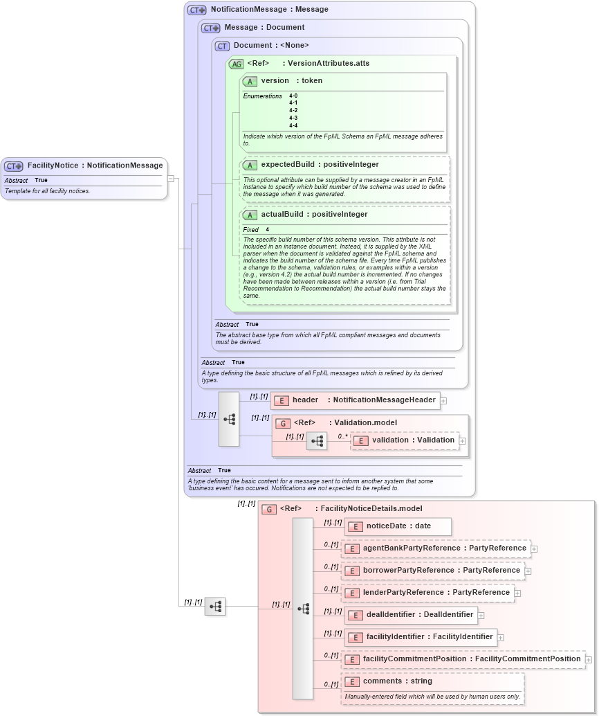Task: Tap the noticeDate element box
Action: (x=398, y=526)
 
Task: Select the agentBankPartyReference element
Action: (x=436, y=548)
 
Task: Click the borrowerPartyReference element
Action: (x=432, y=571)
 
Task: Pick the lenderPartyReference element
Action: (x=427, y=593)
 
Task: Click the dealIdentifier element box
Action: (x=410, y=615)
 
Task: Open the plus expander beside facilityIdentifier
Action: (x=501, y=638)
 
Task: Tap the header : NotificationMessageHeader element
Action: (x=356, y=400)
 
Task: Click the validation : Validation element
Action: (x=405, y=440)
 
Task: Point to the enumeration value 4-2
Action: (x=293, y=111)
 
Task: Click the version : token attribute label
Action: (x=291, y=81)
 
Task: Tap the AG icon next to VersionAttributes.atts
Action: (x=236, y=64)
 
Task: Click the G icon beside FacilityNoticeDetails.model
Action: (x=269, y=509)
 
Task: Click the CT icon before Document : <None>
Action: (x=222, y=46)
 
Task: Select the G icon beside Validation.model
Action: (x=283, y=423)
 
